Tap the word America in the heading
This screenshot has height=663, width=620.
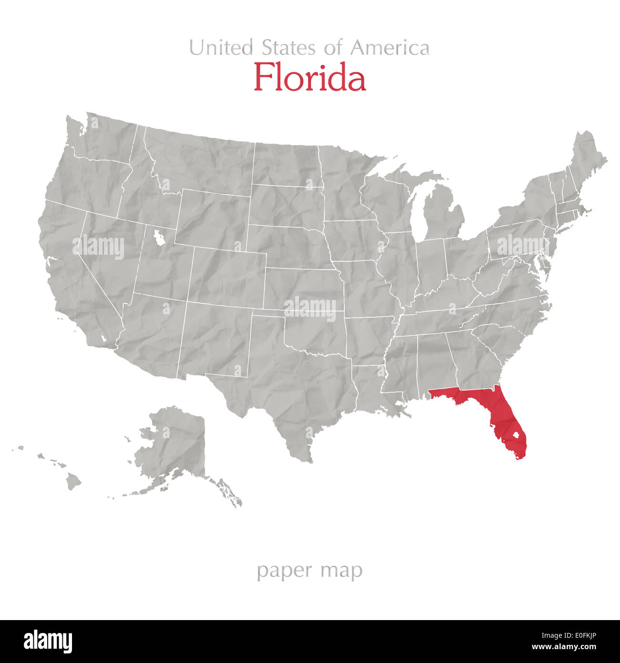390,48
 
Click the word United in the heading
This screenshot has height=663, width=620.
221,48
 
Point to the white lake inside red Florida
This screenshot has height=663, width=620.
515,435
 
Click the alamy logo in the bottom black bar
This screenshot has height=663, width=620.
48,642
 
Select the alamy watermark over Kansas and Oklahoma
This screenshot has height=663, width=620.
310,308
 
